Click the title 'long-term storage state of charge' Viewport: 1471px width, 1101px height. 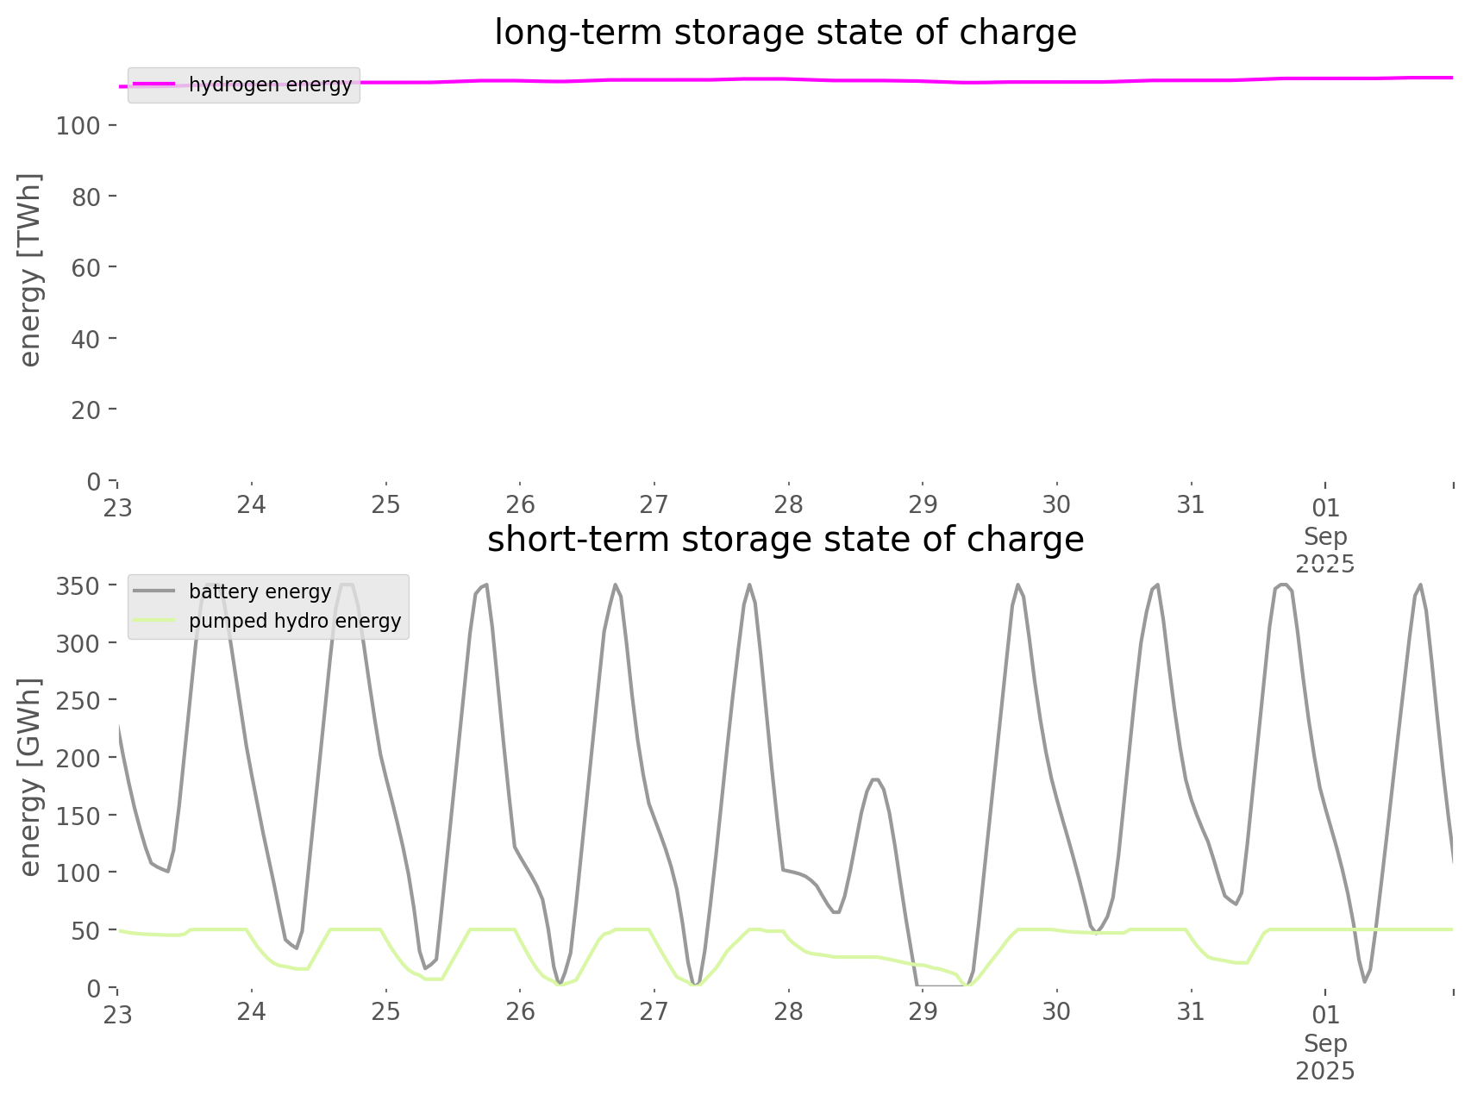tap(785, 33)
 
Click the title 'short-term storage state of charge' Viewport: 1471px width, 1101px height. tap(785, 540)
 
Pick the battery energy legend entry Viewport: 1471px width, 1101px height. tap(260, 591)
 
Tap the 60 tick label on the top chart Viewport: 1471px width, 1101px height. tap(86, 268)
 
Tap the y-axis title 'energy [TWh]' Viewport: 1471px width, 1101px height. tap(30, 270)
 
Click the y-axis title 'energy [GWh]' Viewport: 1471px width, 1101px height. tap(30, 777)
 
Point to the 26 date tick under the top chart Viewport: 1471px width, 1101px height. tap(520, 504)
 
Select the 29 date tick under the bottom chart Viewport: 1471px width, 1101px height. tap(923, 1011)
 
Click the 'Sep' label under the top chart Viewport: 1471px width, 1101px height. tap(1325, 536)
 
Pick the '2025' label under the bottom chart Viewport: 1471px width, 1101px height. tap(1325, 1072)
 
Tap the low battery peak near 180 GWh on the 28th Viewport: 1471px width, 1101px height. tap(875, 779)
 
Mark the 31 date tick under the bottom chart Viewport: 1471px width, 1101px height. tap(1191, 1011)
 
